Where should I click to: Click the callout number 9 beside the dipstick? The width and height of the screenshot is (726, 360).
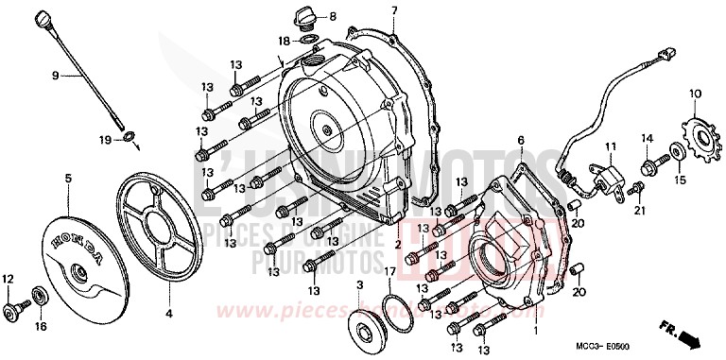pyautogui.click(x=55, y=74)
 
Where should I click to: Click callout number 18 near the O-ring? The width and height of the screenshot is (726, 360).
pyautogui.click(x=285, y=41)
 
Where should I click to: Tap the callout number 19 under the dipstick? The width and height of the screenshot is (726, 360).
pyautogui.click(x=107, y=140)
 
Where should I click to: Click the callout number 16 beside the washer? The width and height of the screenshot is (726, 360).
pyautogui.click(x=40, y=326)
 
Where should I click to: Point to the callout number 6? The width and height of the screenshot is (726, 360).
pyautogui.click(x=519, y=141)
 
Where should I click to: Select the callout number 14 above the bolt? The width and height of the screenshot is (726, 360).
pyautogui.click(x=648, y=139)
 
